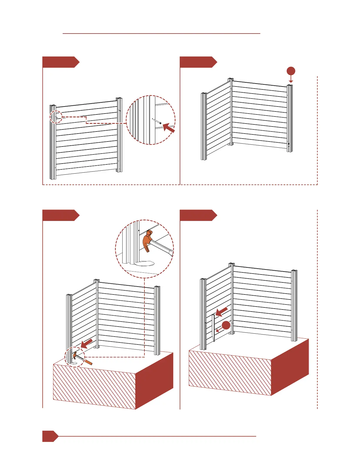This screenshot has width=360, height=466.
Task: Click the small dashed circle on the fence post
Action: (56, 117)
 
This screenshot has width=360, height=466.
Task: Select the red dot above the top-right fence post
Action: (291, 71)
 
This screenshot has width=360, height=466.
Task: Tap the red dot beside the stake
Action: (226, 325)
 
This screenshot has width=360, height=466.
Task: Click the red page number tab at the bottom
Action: (49, 436)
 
